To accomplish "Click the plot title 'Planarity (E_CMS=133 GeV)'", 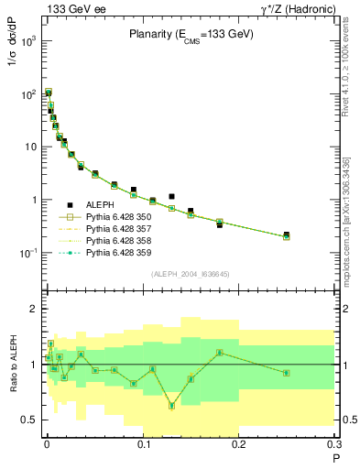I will [191, 35].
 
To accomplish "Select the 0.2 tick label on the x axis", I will [239, 447].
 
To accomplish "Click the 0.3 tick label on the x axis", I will [335, 447].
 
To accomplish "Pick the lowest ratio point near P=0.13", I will [171, 406].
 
